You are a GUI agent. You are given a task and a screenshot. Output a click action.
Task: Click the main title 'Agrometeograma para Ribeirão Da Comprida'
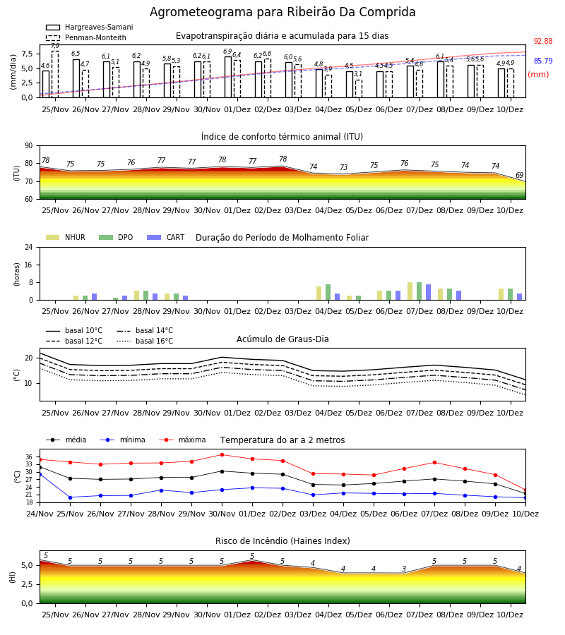282,12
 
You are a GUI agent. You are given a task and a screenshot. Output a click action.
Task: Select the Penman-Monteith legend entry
86,37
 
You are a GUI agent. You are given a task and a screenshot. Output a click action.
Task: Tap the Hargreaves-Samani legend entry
89,27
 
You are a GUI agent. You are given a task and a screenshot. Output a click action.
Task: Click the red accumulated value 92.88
543,42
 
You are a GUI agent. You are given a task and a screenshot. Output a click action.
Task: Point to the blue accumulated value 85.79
543,61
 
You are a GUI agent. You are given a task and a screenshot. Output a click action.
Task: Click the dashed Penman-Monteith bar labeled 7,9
55,74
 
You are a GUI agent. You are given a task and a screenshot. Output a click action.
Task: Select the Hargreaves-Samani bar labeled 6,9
228,77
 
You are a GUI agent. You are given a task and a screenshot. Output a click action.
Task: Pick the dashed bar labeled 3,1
359,89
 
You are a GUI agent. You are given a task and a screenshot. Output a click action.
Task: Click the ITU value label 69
519,176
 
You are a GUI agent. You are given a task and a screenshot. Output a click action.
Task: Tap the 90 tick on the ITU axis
29,146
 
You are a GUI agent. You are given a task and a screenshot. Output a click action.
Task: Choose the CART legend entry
166,237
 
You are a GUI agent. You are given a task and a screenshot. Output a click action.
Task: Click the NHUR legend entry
66,237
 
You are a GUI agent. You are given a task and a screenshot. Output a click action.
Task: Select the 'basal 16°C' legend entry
145,341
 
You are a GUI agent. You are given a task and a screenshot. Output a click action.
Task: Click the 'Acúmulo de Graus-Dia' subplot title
282,339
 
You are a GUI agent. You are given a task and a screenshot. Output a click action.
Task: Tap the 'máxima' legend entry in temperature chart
183,440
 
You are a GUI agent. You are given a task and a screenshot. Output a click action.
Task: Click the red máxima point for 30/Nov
222,455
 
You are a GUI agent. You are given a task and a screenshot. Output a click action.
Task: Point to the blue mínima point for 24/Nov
40,474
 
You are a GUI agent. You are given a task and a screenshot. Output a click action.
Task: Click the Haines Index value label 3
404,569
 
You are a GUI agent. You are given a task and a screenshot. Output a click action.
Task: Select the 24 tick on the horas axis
29,248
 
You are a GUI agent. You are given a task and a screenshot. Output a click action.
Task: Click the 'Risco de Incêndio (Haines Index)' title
282,541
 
